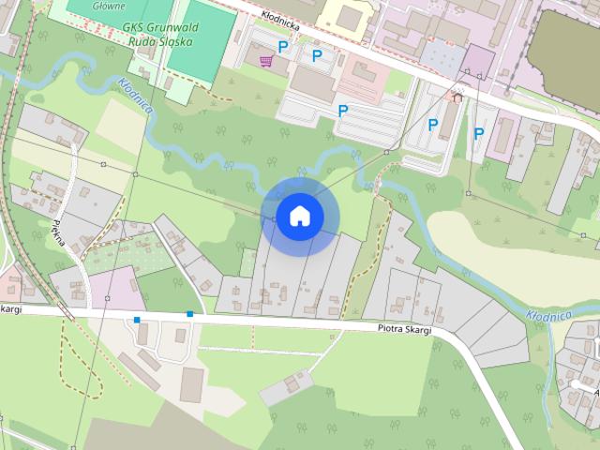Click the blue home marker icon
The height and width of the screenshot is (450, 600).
(x=299, y=216)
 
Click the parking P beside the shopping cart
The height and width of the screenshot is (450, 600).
(x=282, y=46)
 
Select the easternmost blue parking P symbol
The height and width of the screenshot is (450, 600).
(x=478, y=133)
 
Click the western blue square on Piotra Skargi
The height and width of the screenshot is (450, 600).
(x=137, y=321)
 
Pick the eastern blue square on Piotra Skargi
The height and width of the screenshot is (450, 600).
(x=189, y=313)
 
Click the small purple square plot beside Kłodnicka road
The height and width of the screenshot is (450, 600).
(x=478, y=60)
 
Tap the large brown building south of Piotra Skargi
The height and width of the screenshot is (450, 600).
(x=191, y=384)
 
